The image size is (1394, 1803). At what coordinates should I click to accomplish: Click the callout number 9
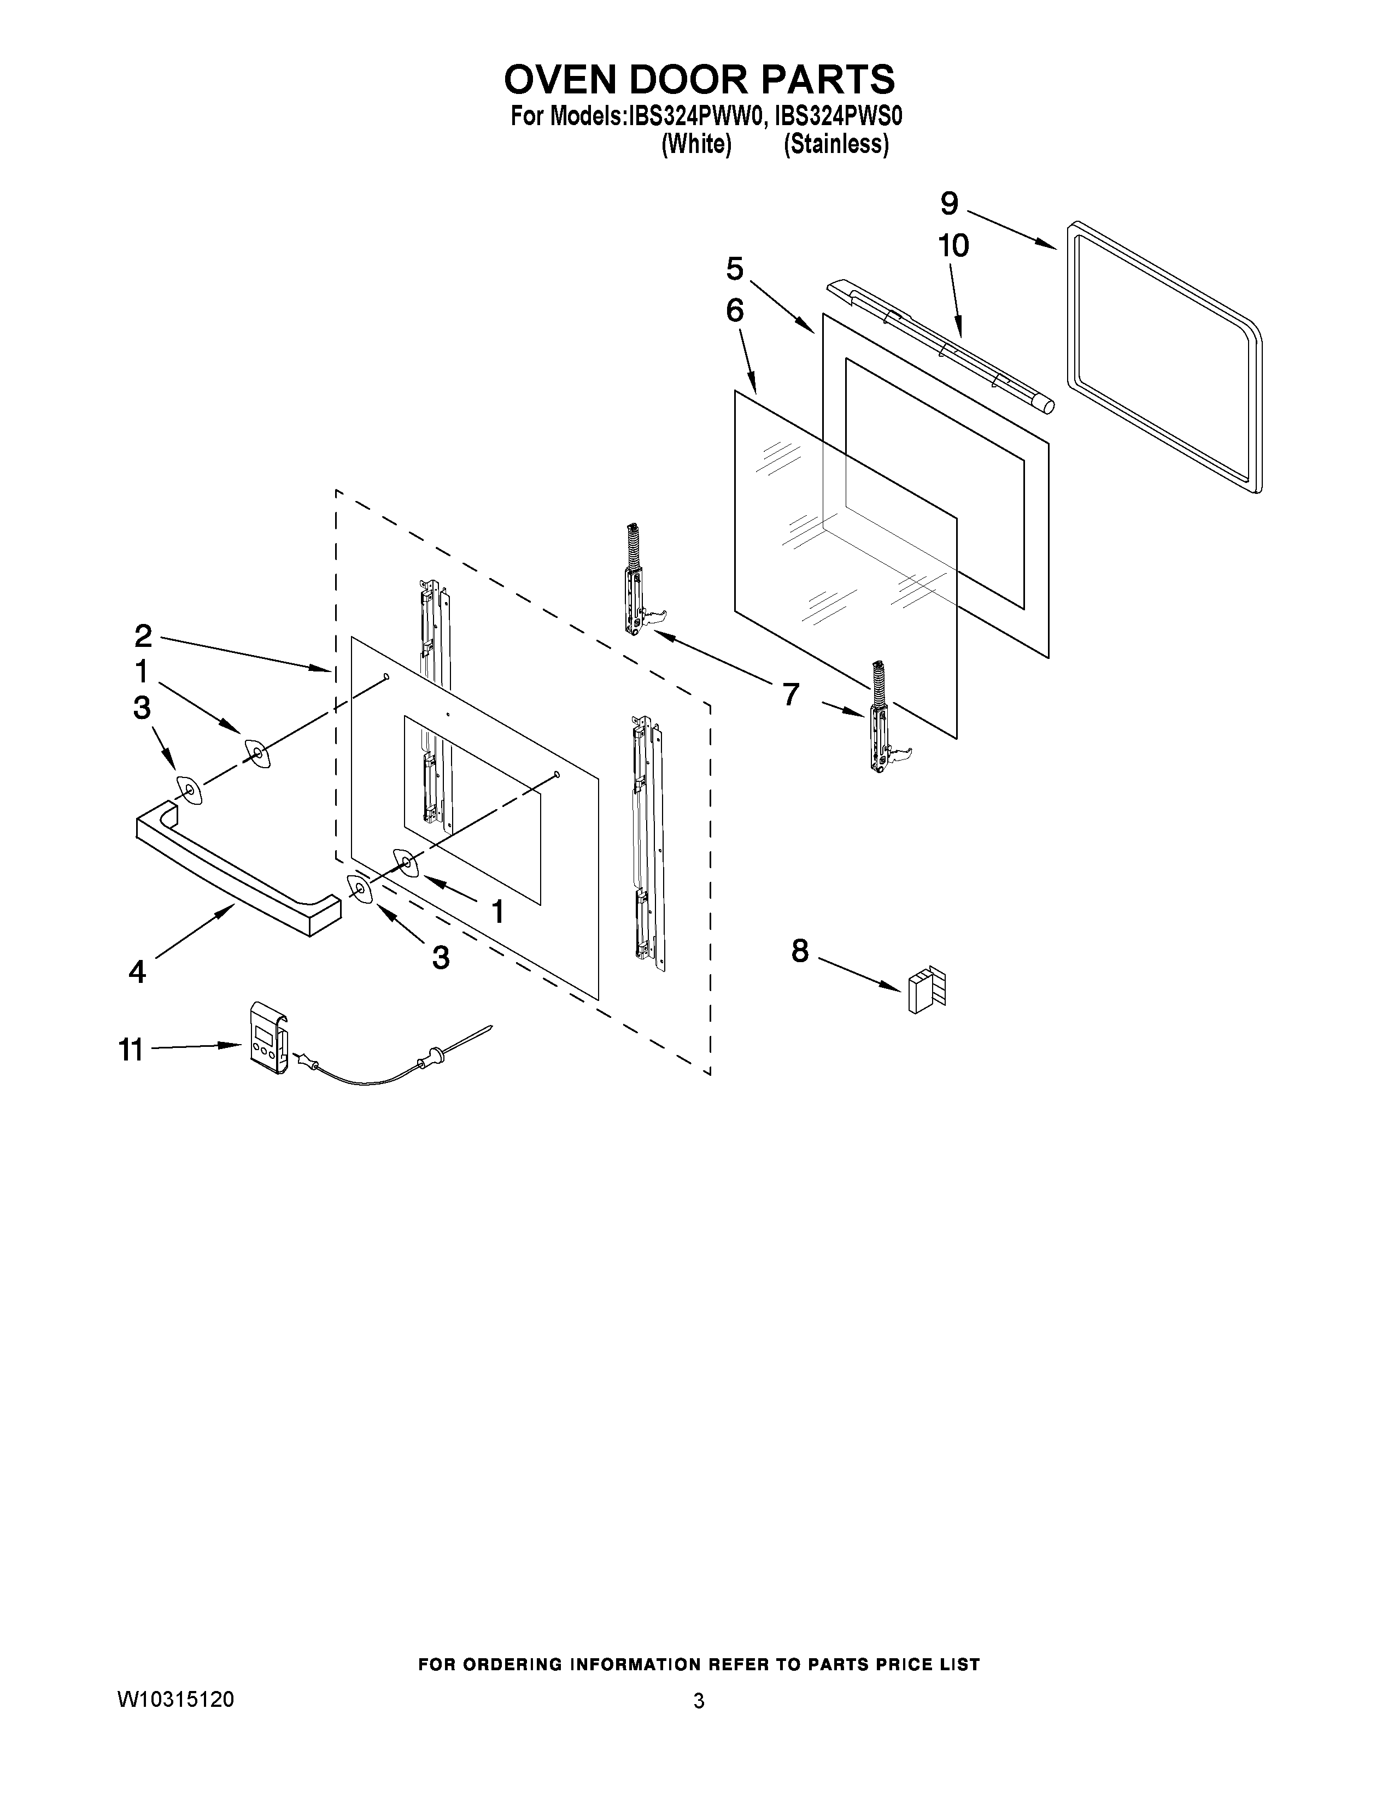tap(949, 203)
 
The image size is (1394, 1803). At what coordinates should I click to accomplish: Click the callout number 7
tap(790, 694)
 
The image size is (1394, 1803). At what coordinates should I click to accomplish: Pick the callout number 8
tap(799, 951)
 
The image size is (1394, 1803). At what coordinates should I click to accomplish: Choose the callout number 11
tap(131, 1050)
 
